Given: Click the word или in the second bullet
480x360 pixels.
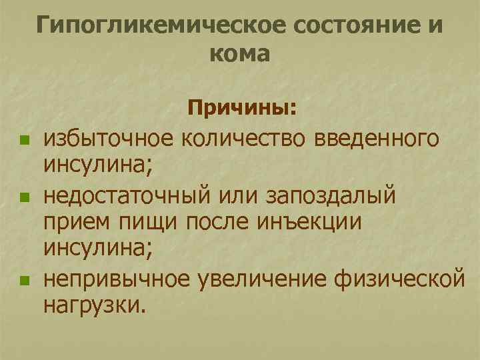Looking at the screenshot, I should [233, 197].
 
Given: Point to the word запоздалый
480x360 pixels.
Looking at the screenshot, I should [331, 197].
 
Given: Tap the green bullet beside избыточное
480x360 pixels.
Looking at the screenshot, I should [25, 141].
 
